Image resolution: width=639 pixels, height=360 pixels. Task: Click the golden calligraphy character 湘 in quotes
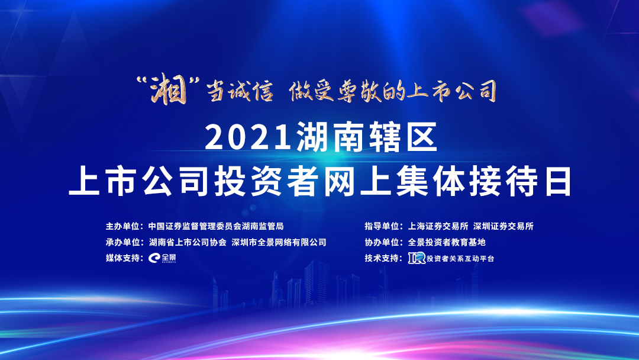pos(169,89)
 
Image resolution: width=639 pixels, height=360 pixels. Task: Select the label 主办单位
pos(122,226)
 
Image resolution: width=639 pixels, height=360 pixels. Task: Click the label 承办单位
pos(122,242)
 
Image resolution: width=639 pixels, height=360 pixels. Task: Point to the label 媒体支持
pos(122,258)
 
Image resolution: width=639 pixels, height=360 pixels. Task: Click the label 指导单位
pos(381,226)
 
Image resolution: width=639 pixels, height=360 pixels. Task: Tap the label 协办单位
pos(381,242)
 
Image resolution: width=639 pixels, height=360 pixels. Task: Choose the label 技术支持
pos(381,258)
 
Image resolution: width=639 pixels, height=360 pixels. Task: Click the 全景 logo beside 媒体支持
pos(162,258)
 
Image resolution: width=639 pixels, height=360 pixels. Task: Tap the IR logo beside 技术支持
pos(417,258)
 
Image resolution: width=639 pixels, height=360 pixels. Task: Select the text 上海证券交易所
pos(438,226)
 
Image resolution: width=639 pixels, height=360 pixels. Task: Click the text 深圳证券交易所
pos(504,226)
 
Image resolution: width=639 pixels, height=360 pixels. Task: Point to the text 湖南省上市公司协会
pos(188,242)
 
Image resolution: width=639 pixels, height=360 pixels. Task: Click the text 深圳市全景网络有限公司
pos(279,242)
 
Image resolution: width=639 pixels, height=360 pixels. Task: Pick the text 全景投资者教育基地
pos(447,242)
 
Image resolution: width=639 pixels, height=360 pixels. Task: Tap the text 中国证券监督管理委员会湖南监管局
pos(216,226)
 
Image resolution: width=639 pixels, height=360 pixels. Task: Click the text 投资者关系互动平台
pos(460,259)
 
